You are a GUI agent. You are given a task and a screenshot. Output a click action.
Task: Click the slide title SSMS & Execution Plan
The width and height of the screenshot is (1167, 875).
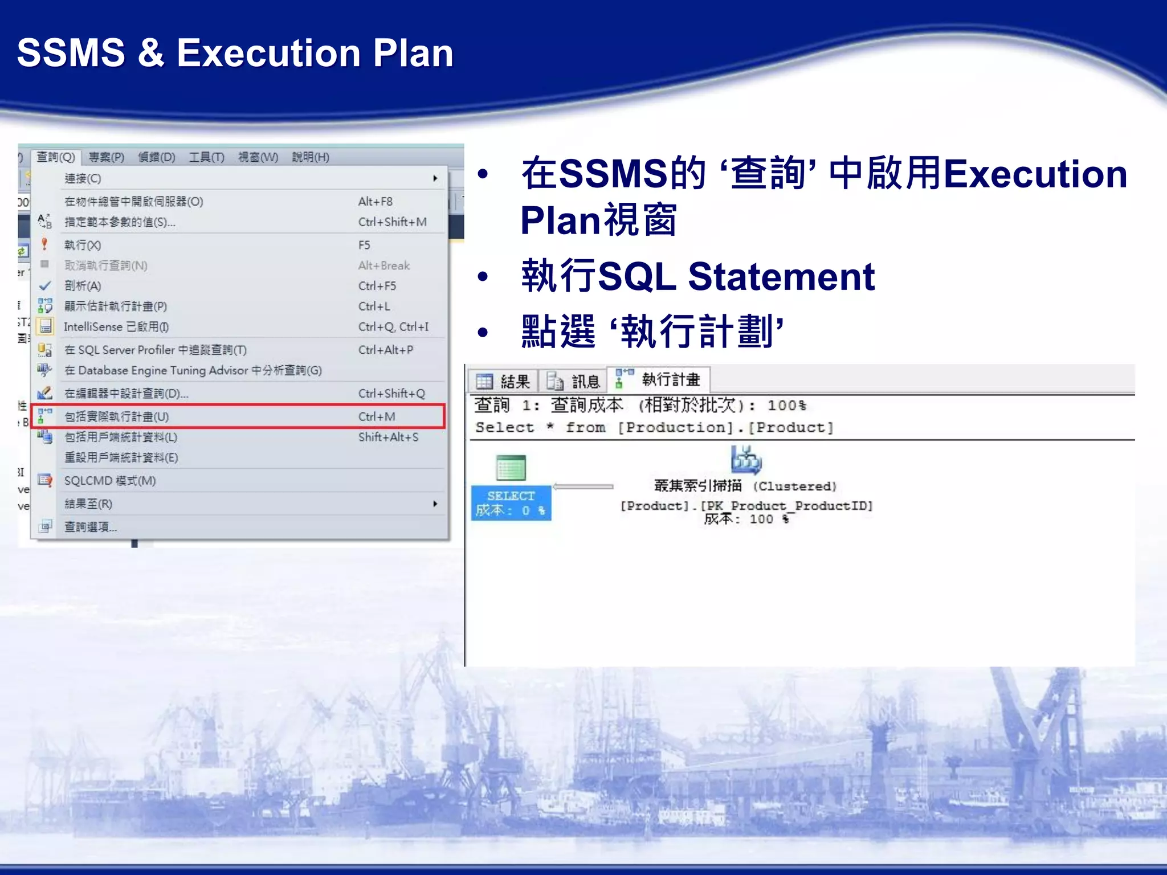235,53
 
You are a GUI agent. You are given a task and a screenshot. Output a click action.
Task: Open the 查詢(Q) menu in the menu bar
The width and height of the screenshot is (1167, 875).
56,157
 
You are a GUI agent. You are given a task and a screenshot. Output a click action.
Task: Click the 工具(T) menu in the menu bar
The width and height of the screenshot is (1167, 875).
206,157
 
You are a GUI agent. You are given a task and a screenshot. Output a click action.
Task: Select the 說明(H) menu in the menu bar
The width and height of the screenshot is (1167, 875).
311,157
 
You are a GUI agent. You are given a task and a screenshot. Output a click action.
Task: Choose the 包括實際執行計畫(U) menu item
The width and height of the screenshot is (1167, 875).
117,416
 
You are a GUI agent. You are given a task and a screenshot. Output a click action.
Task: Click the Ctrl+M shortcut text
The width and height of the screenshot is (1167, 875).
377,416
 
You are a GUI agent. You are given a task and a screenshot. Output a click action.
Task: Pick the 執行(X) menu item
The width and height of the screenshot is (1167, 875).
83,245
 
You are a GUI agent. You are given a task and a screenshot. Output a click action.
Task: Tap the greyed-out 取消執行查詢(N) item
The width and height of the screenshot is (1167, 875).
106,265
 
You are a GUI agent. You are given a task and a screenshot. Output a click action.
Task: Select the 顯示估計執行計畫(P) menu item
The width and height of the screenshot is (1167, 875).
116,306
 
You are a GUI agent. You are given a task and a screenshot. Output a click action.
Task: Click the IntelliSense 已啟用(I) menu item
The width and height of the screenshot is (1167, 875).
116,327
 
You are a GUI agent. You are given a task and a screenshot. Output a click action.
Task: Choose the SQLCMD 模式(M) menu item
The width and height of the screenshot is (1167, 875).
110,481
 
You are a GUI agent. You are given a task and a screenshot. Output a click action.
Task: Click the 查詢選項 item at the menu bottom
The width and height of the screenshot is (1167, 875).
90,527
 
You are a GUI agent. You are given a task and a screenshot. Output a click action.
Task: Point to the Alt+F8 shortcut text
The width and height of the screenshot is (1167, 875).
375,202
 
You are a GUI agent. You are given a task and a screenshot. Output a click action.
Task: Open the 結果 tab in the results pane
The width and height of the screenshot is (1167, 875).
504,381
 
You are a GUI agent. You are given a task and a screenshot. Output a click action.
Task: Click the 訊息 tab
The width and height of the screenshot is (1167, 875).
574,381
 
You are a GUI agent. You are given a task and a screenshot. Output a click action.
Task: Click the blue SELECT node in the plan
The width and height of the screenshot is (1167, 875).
511,502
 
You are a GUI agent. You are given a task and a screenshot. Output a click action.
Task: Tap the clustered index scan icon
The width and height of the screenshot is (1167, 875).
746,460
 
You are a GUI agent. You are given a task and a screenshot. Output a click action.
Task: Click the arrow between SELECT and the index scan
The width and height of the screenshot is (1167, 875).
583,486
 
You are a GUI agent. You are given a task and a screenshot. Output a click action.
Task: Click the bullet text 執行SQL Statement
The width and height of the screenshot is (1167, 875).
697,276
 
